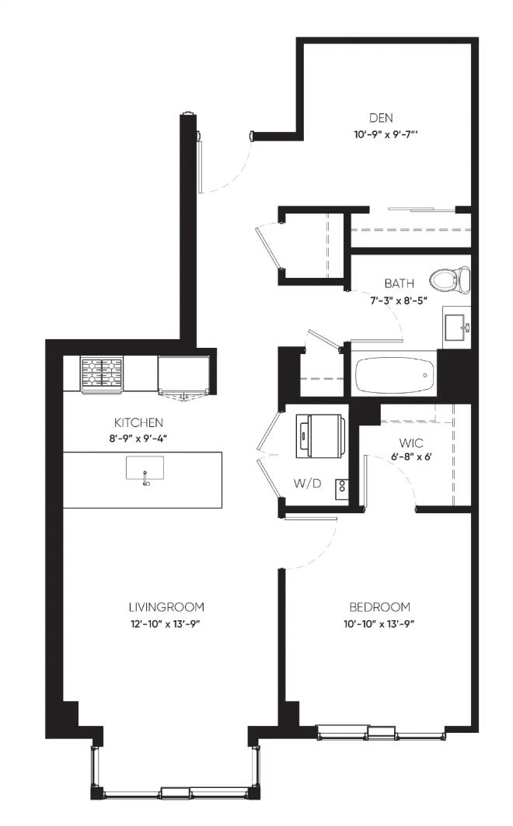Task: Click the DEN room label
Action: pos(381,118)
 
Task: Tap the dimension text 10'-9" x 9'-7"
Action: pos(386,135)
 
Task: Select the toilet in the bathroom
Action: pos(449,279)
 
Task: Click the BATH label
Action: pos(399,283)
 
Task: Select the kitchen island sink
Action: pos(145,469)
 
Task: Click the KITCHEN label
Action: pos(138,422)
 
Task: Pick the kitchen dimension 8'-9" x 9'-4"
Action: pos(138,439)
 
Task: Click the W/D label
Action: pos(307,483)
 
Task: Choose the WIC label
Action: pos(411,443)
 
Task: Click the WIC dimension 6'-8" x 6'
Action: pos(411,457)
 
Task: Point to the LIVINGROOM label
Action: pos(166,607)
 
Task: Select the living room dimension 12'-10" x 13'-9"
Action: pos(166,624)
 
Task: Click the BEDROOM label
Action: pos(379,607)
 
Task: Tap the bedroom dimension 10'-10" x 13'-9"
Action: pos(379,624)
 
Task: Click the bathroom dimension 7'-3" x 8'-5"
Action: pos(398,300)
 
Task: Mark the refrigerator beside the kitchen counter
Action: pos(184,375)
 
